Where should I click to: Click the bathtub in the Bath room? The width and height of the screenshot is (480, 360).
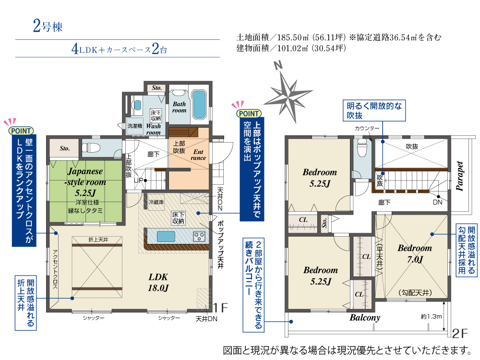pyautogui.click(x=200, y=104)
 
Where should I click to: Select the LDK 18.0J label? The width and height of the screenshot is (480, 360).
pyautogui.click(x=158, y=282)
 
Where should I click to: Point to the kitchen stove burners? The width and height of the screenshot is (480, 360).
pyautogui.click(x=199, y=236)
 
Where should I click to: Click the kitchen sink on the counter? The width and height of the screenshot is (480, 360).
pyautogui.click(x=166, y=236)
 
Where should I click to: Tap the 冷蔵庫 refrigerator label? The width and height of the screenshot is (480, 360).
pyautogui.click(x=156, y=202)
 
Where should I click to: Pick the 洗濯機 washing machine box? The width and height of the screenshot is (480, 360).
pyautogui.click(x=135, y=126)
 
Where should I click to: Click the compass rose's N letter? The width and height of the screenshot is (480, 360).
pyautogui.click(x=278, y=65)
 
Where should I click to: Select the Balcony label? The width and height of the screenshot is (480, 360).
pyautogui.click(x=365, y=317)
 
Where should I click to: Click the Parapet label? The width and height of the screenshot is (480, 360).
pyautogui.click(x=460, y=176)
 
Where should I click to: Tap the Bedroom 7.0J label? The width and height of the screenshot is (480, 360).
pyautogui.click(x=415, y=253)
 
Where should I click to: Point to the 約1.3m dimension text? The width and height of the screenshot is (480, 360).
pyautogui.click(x=431, y=316)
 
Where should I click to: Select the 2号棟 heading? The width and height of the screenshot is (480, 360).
pyautogui.click(x=48, y=26)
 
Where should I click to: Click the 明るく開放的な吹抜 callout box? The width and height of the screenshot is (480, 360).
pyautogui.click(x=374, y=110)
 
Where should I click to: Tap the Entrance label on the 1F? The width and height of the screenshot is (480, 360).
pyautogui.click(x=198, y=155)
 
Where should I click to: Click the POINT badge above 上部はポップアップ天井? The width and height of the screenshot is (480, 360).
pyautogui.click(x=249, y=114)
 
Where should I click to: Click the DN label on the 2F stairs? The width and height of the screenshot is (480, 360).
pyautogui.click(x=437, y=203)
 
